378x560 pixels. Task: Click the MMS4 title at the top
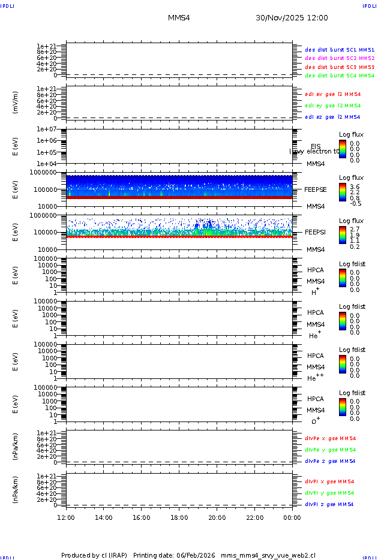point(179,18)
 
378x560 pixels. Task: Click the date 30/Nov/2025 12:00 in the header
point(292,18)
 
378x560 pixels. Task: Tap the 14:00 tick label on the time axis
point(104,517)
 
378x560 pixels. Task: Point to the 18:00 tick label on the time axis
point(179,517)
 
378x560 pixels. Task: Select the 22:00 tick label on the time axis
point(254,517)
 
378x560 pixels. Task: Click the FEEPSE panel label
point(316,189)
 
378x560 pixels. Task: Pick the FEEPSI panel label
point(316,232)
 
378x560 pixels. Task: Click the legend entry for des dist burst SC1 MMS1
point(340,50)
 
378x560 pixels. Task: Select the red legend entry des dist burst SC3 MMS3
point(340,67)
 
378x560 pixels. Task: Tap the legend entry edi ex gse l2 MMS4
point(333,94)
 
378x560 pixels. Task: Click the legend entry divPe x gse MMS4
point(330,438)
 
